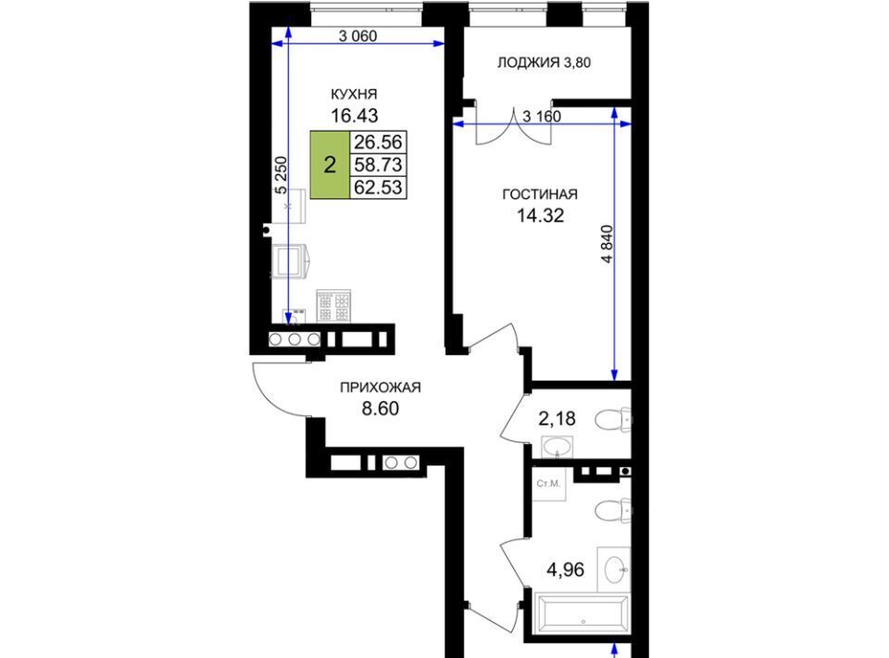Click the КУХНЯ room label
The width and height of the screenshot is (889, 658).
[355, 95]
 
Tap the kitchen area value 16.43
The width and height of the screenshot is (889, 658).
[355, 116]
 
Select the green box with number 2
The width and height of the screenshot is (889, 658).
[330, 165]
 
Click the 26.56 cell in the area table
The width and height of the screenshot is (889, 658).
[378, 142]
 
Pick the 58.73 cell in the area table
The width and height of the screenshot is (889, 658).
[378, 165]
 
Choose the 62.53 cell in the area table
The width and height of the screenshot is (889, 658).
[378, 187]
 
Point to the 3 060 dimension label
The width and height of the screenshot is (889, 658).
[357, 36]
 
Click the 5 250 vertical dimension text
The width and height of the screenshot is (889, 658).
[282, 175]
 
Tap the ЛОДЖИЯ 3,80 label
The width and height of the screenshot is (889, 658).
[544, 62]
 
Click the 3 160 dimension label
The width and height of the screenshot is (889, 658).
[542, 116]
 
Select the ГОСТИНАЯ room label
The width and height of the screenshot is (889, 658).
[540, 195]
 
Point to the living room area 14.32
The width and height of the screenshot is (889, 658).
[540, 216]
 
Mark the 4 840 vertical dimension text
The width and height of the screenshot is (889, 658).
[607, 245]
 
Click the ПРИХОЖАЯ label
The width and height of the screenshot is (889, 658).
[381, 388]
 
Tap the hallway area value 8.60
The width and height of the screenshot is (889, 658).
[381, 409]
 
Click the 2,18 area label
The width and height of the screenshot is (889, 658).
[557, 419]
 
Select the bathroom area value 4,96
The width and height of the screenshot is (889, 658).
[565, 569]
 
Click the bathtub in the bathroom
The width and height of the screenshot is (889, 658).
[582, 614]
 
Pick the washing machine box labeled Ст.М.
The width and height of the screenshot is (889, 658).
[549, 485]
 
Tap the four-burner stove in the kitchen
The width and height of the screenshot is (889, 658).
[333, 306]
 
